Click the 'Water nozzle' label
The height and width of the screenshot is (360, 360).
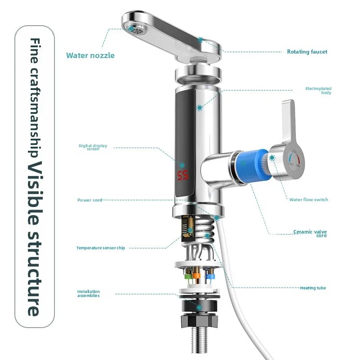point(90,55)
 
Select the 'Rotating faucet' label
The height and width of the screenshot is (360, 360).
point(307,52)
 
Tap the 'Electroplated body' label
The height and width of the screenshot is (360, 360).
point(318,90)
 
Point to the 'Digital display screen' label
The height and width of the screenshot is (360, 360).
point(93,147)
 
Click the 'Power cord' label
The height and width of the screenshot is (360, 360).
point(90,200)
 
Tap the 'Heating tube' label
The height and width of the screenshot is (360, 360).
point(313,288)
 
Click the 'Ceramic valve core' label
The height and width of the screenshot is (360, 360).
point(310,234)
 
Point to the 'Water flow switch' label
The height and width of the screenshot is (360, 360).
point(308,200)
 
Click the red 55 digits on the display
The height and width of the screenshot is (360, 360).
point(183,175)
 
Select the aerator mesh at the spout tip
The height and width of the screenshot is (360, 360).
point(132,29)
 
